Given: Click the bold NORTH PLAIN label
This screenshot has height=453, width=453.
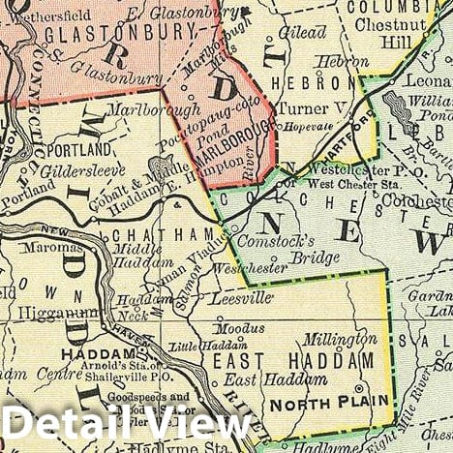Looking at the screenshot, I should [330, 400].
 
